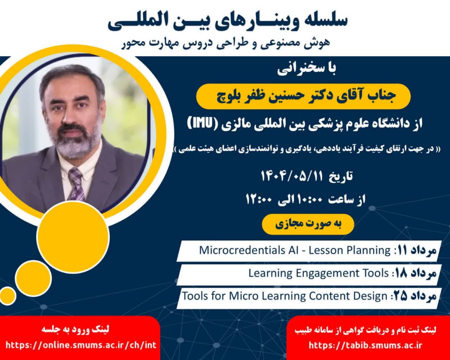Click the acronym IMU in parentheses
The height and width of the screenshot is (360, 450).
point(201,124)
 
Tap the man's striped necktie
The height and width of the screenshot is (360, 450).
point(77,185)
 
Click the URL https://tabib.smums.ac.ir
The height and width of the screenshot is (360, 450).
point(365,345)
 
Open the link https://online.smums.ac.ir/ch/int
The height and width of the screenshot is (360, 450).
point(81,345)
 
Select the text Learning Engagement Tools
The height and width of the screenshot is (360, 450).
point(319,274)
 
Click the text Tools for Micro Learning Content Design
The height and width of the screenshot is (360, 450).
point(285,296)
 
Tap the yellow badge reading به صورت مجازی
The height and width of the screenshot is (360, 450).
point(308,224)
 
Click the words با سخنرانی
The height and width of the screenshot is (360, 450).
point(307,69)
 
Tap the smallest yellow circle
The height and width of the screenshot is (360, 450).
point(8,296)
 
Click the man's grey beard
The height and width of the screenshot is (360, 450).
point(77,144)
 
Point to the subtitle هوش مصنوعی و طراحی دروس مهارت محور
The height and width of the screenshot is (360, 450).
point(226,44)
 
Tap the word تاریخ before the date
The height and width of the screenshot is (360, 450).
point(341,176)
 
